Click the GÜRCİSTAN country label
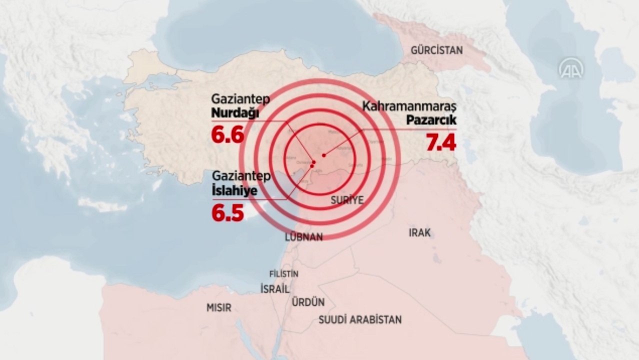click(436, 50)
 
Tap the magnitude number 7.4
click(440, 142)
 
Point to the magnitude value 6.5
click(227, 212)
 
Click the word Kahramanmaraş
click(409, 106)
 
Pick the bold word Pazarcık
click(431, 120)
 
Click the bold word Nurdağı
click(235, 113)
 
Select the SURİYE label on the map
click(347, 200)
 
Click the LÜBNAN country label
click(303, 237)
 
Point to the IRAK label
click(419, 232)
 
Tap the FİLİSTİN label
click(283, 274)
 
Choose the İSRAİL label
click(274, 288)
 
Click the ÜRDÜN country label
click(307, 302)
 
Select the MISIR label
click(219, 307)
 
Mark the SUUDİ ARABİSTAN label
click(360, 319)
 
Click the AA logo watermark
click(570, 68)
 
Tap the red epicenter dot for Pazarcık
click(324, 155)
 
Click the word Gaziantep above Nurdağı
click(240, 99)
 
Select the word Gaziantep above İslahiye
click(241, 176)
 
